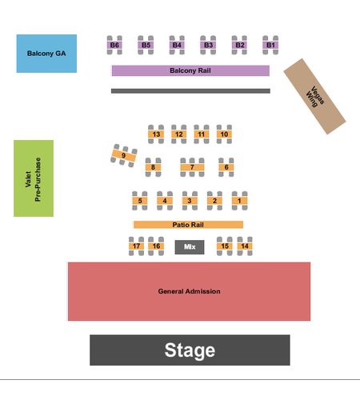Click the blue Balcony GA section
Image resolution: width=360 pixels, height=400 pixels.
(x=46, y=54)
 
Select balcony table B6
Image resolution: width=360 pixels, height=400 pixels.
(x=114, y=45)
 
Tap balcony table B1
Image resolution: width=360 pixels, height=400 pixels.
(x=270, y=45)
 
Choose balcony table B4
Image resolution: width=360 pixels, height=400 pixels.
(x=177, y=45)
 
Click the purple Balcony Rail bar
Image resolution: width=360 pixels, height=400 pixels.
(x=190, y=70)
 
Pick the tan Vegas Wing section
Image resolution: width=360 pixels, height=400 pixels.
(x=314, y=96)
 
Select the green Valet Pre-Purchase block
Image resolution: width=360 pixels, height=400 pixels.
(x=34, y=178)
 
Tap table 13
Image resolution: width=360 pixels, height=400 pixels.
(x=156, y=134)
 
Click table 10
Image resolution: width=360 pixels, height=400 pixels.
(x=224, y=134)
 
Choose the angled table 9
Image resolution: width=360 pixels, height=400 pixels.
(x=124, y=155)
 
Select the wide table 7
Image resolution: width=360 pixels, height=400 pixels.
(x=192, y=167)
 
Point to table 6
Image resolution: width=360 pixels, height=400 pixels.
(x=226, y=167)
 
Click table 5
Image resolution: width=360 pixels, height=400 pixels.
(x=140, y=201)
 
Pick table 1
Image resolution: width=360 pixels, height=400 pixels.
(x=239, y=201)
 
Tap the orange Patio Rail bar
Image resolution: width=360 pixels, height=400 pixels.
(x=188, y=225)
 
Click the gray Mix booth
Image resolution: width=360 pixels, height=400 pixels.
(x=190, y=247)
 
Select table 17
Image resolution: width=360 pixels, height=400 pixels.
(x=136, y=246)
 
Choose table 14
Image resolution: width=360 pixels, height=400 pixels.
(x=245, y=246)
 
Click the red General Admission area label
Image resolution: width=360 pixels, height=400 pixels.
(x=189, y=291)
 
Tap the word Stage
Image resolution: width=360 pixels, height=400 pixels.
(x=190, y=350)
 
